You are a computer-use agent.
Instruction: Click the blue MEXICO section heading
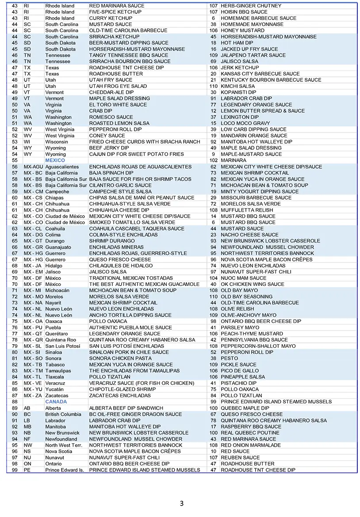55,160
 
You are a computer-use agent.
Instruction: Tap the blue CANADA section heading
56,402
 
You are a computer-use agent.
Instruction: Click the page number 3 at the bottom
182,503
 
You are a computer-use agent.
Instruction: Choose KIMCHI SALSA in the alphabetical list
237,86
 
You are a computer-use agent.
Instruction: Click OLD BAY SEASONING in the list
246,297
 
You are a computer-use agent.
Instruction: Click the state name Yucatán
55,389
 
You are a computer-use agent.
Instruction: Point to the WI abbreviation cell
27,142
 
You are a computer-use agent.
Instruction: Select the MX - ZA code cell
33,395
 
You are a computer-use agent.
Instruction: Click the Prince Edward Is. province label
65,470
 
